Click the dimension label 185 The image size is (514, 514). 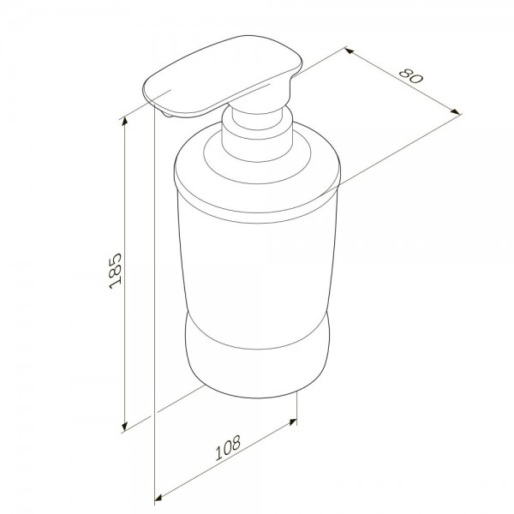[x=116, y=271]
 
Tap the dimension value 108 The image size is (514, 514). [x=228, y=448]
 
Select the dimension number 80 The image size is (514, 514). [x=411, y=76]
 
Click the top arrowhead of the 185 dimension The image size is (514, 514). [x=124, y=122]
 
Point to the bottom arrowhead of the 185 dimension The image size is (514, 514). [x=124, y=426]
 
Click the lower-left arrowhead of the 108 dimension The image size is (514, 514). [x=158, y=498]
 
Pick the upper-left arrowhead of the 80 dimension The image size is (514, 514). [x=350, y=51]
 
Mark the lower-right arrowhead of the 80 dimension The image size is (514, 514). [x=456, y=111]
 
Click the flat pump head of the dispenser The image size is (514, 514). [x=223, y=75]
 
